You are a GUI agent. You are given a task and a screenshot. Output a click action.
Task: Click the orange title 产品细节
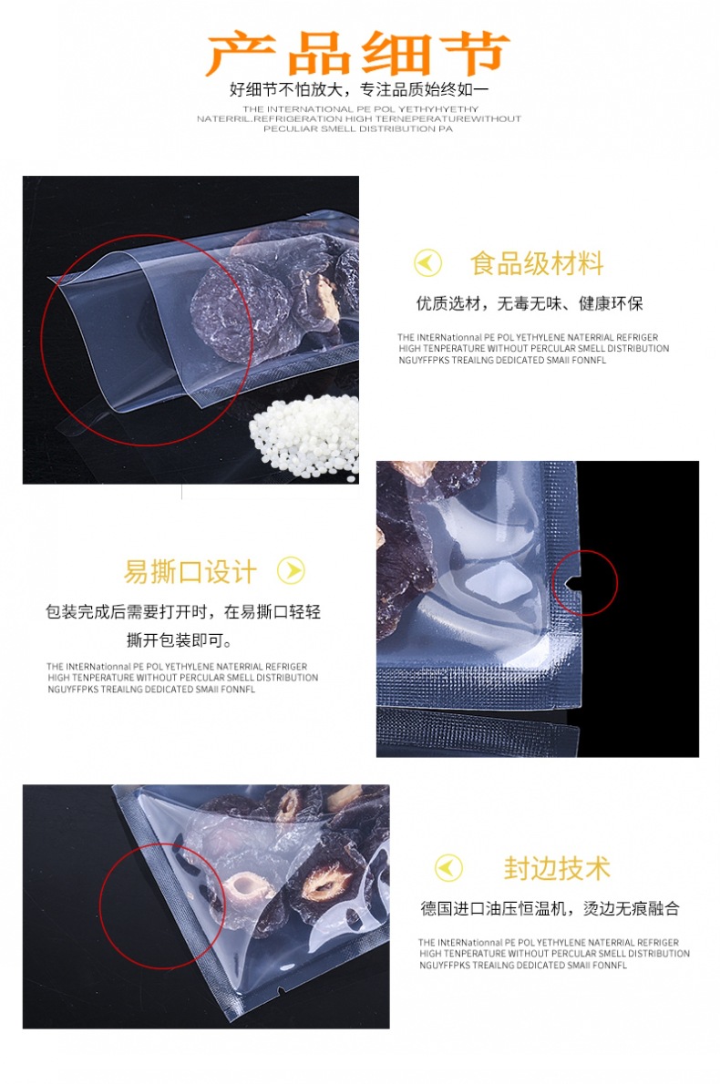point(357,53)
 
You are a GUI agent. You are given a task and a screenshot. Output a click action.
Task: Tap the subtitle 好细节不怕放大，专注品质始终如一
point(359,89)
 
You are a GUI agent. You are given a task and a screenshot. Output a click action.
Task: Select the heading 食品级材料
point(537,263)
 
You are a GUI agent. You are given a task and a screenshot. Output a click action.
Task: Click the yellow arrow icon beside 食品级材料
point(427,262)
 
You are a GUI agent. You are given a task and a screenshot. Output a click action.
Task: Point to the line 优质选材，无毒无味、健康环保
point(530,302)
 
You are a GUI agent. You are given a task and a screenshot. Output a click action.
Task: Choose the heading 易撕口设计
point(190,572)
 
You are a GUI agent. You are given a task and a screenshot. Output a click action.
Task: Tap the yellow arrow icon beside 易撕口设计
point(291,570)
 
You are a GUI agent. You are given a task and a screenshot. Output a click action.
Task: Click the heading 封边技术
point(557,868)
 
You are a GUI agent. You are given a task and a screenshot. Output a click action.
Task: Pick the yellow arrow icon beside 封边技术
point(448,867)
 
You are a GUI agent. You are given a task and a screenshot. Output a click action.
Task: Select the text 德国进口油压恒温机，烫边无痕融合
point(550,907)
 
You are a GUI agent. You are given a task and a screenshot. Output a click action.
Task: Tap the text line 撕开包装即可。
point(180,640)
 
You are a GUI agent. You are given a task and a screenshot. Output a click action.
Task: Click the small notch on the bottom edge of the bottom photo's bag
point(280,994)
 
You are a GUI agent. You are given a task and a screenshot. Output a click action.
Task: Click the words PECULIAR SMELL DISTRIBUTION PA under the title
point(358,128)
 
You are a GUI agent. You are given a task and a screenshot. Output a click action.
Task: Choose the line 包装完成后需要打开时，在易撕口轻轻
point(183,611)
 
